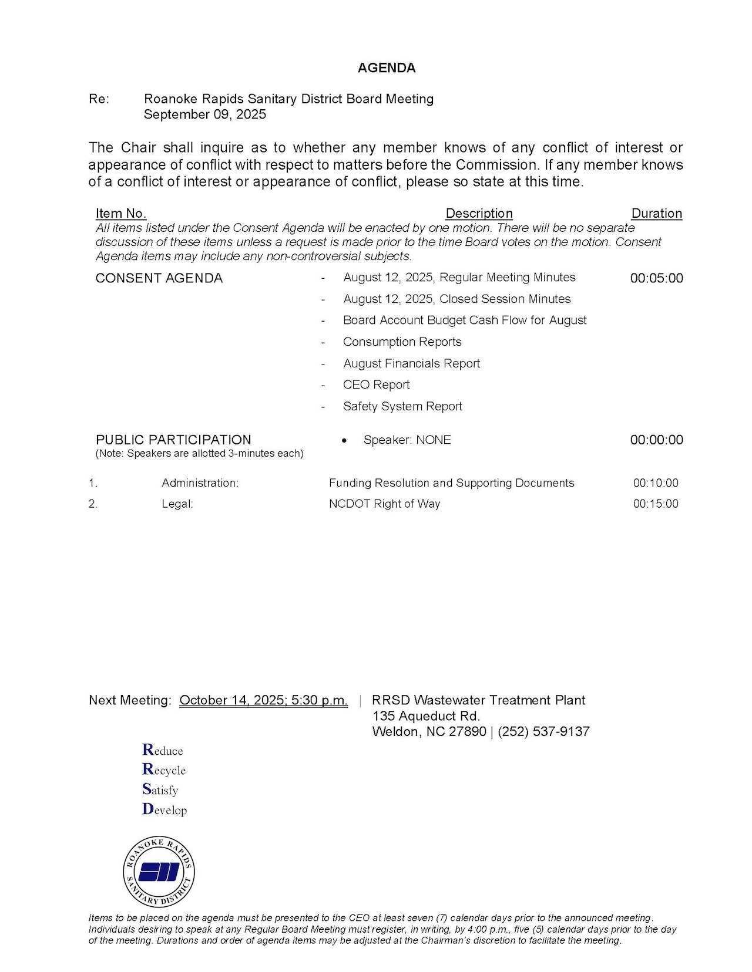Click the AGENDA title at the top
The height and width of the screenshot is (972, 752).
pyautogui.click(x=386, y=68)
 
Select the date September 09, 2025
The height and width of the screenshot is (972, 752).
pyautogui.click(x=204, y=114)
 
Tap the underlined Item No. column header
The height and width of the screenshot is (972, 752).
pyautogui.click(x=120, y=214)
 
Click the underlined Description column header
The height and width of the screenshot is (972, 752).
pyautogui.click(x=479, y=214)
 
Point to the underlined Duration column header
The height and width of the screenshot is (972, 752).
pyautogui.click(x=656, y=214)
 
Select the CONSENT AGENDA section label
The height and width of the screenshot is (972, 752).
pyautogui.click(x=159, y=278)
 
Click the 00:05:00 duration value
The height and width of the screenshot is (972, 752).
pyautogui.click(x=656, y=278)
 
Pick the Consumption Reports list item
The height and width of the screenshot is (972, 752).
pyautogui.click(x=402, y=342)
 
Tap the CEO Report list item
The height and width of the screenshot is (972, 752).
pyautogui.click(x=376, y=385)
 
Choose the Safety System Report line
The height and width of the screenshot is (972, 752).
pyautogui.click(x=402, y=406)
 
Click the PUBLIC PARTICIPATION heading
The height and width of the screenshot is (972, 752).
pyautogui.click(x=173, y=440)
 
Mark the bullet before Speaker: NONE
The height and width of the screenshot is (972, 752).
pyautogui.click(x=344, y=440)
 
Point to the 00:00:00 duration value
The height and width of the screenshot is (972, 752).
pyautogui.click(x=656, y=440)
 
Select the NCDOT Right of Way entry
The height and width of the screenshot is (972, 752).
pyautogui.click(x=384, y=504)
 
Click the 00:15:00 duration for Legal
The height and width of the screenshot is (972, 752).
pyautogui.click(x=655, y=504)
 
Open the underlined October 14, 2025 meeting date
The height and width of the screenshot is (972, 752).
pyautogui.click(x=263, y=700)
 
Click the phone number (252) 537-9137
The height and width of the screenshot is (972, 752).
pyautogui.click(x=543, y=732)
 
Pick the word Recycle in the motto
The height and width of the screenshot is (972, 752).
pyautogui.click(x=164, y=770)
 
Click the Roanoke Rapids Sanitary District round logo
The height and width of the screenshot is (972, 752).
pyautogui.click(x=159, y=872)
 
